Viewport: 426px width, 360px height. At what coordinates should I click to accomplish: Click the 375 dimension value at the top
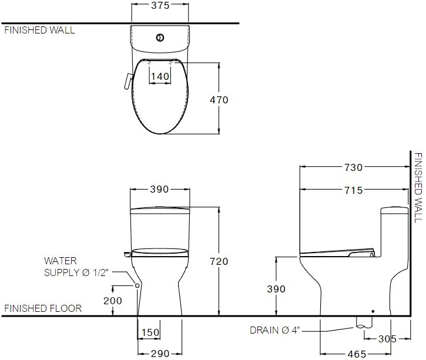tap(160, 5)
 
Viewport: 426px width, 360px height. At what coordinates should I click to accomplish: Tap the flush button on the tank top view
tap(160, 38)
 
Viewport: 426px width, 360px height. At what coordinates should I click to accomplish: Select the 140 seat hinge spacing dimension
tap(160, 76)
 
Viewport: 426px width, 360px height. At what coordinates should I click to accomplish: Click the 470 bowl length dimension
tap(219, 100)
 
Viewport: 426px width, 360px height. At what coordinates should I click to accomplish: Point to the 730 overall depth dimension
tap(354, 167)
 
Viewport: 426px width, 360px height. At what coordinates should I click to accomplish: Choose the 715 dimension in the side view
tap(354, 190)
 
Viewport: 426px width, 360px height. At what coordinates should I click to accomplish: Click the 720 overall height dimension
tap(219, 261)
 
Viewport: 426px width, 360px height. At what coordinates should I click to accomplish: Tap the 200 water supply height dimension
tap(112, 301)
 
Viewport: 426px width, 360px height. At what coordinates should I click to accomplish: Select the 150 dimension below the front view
tap(150, 332)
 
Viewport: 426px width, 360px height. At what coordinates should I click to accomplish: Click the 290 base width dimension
tap(160, 354)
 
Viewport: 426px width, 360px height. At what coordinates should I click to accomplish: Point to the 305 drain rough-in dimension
tap(387, 339)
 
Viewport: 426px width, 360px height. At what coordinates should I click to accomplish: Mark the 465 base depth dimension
tap(357, 354)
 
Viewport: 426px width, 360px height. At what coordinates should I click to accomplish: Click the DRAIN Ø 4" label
tap(274, 331)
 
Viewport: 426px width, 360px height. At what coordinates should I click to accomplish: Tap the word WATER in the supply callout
tap(61, 261)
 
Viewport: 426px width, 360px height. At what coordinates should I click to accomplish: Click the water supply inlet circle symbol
tap(137, 285)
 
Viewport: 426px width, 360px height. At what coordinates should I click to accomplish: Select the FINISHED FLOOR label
tap(43, 308)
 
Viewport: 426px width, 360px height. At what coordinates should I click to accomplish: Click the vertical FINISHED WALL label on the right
tap(418, 187)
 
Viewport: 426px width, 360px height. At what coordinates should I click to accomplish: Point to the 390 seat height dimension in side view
tap(276, 289)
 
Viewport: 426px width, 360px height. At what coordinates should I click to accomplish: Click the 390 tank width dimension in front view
tap(159, 189)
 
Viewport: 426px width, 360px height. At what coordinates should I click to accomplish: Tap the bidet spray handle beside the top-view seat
tap(128, 81)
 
